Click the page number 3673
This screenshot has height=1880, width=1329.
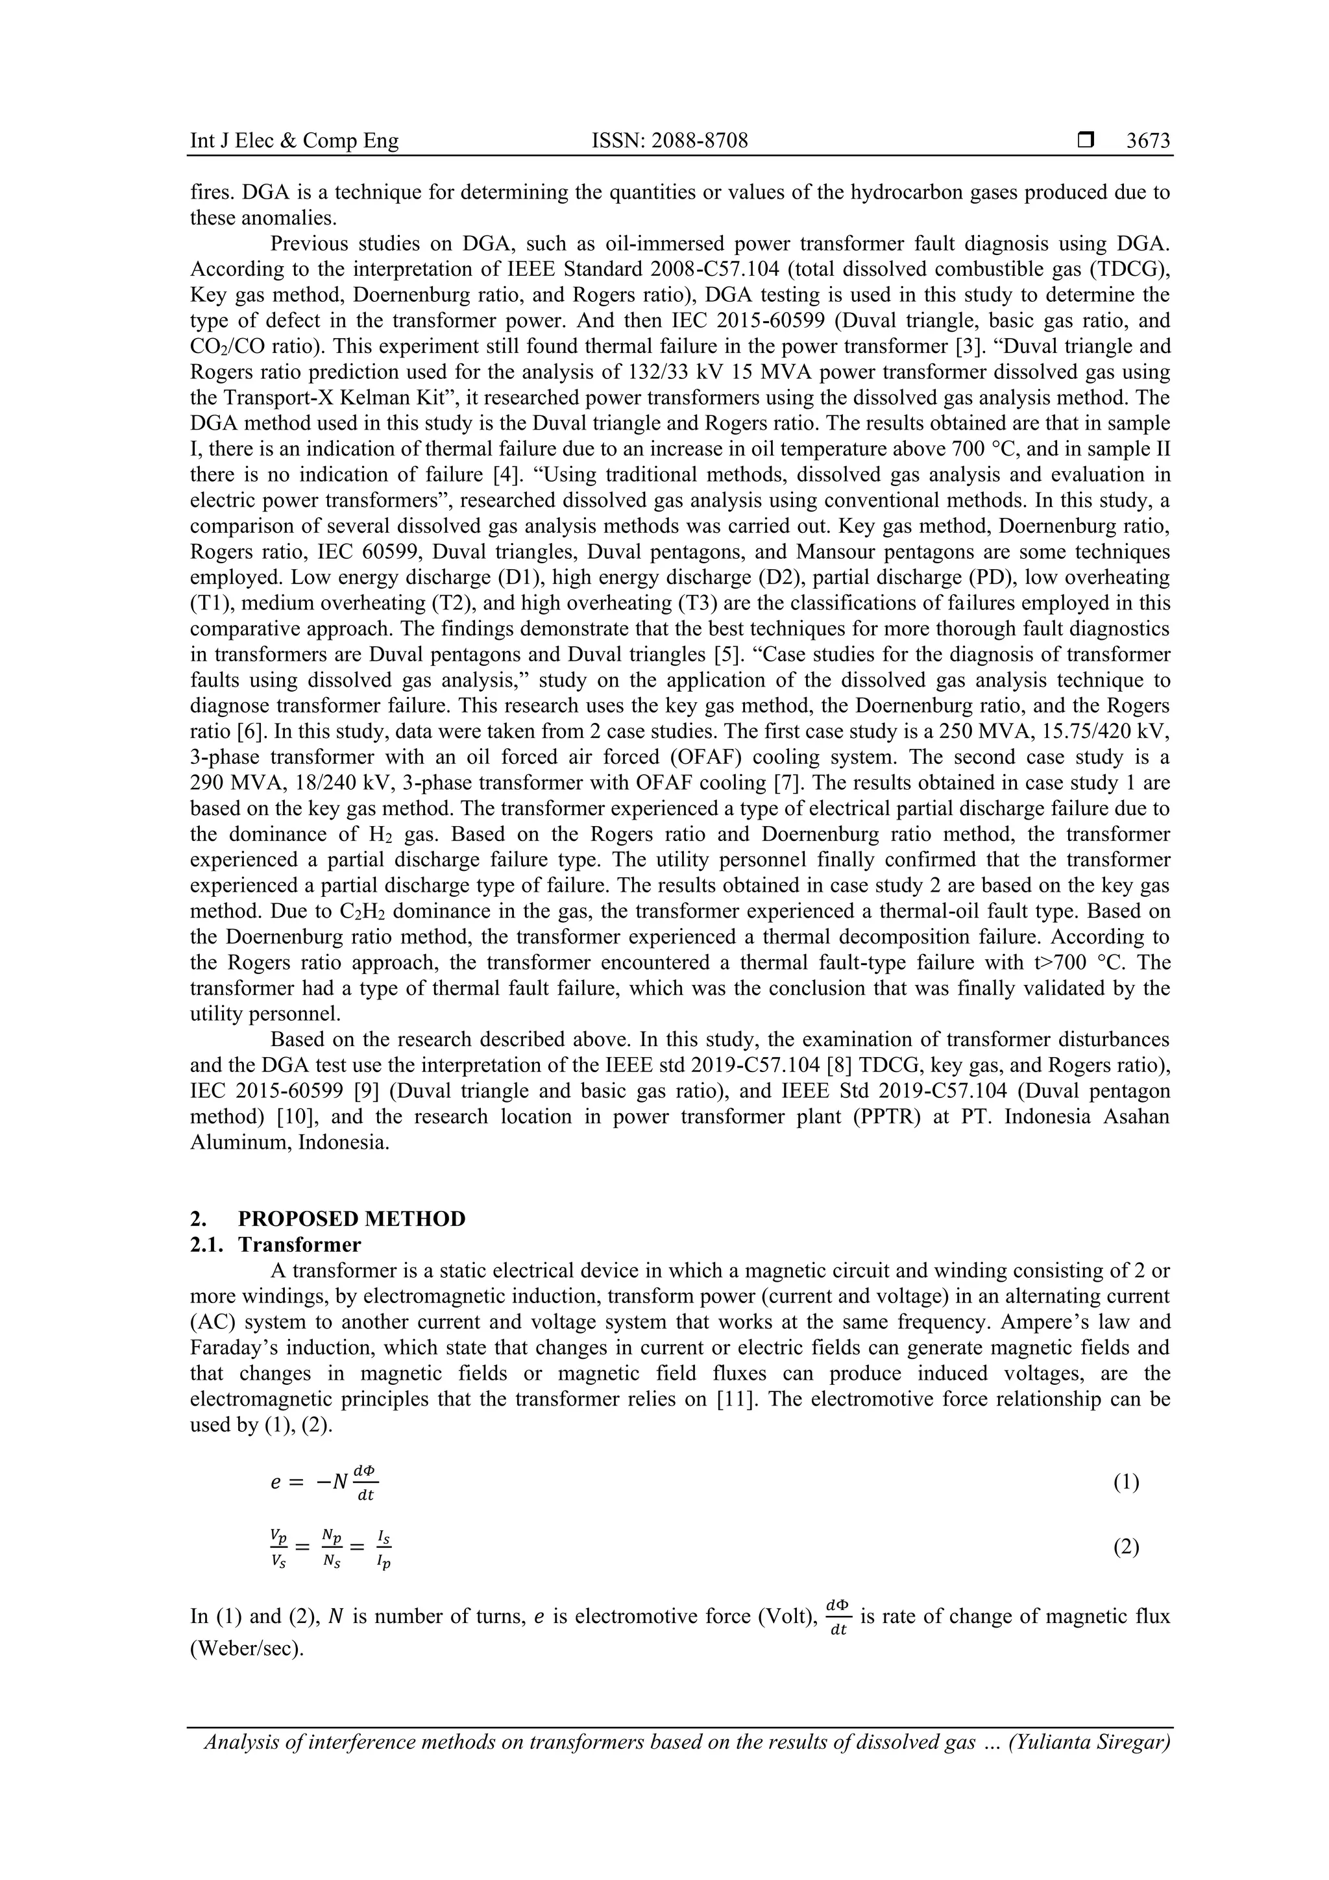click(1147, 141)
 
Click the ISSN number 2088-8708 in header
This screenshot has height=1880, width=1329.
click(669, 141)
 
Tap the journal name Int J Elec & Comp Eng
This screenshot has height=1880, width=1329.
click(294, 141)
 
